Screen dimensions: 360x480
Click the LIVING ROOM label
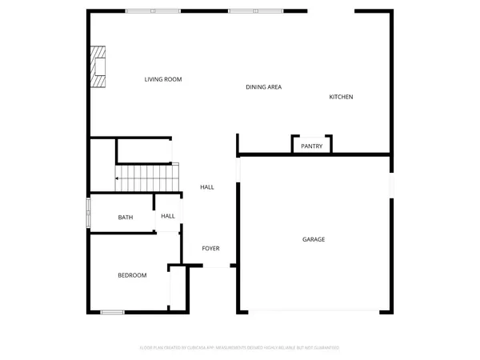pos(163,79)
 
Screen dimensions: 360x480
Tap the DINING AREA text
pos(263,86)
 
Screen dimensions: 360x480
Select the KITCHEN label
pos(341,97)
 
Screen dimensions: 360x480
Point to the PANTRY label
pos(311,146)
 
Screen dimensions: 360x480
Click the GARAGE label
pos(313,239)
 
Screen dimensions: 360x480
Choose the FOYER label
pos(210,248)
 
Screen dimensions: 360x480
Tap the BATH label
pos(126,217)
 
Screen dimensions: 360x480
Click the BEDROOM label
pos(132,275)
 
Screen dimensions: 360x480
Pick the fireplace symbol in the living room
pos(98,66)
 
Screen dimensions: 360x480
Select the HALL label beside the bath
pos(168,216)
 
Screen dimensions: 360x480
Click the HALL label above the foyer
pos(207,187)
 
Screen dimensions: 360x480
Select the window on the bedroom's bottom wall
pos(112,311)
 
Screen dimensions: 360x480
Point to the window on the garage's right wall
pos(391,184)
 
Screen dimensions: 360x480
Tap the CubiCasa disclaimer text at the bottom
pos(240,348)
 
